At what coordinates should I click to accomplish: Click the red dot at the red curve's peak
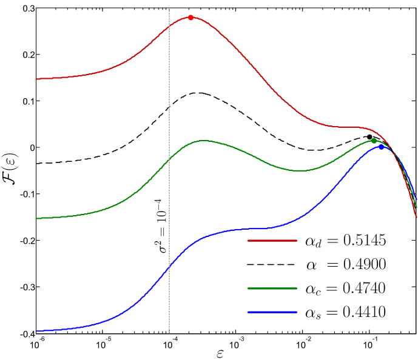pyautogui.click(x=191, y=18)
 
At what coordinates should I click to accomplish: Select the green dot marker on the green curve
pyautogui.click(x=374, y=141)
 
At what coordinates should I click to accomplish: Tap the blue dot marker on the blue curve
pyautogui.click(x=382, y=146)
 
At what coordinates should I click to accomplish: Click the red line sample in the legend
pyautogui.click(x=272, y=241)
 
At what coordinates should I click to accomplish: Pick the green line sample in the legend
pyautogui.click(x=272, y=288)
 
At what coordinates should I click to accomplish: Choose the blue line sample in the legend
pyautogui.click(x=272, y=312)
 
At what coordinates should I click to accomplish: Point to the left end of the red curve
pyautogui.click(x=36, y=79)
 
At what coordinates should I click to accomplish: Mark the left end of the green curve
pyautogui.click(x=36, y=218)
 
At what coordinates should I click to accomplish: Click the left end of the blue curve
pyautogui.click(x=36, y=332)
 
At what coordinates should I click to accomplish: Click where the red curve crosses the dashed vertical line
pyautogui.click(x=169, y=27)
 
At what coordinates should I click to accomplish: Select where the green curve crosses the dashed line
pyautogui.click(x=169, y=159)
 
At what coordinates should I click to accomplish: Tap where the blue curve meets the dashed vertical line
pyautogui.click(x=169, y=267)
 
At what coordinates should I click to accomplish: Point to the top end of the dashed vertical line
pyautogui.click(x=169, y=9)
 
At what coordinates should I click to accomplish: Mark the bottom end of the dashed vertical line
pyautogui.click(x=169, y=333)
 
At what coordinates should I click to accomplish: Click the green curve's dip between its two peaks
pyautogui.click(x=299, y=170)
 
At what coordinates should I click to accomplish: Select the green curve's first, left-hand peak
pyautogui.click(x=203, y=141)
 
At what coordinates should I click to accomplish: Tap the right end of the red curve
pyautogui.click(x=416, y=216)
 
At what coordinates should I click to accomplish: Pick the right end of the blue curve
pyautogui.click(x=416, y=199)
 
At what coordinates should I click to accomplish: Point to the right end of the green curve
pyautogui.click(x=416, y=207)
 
